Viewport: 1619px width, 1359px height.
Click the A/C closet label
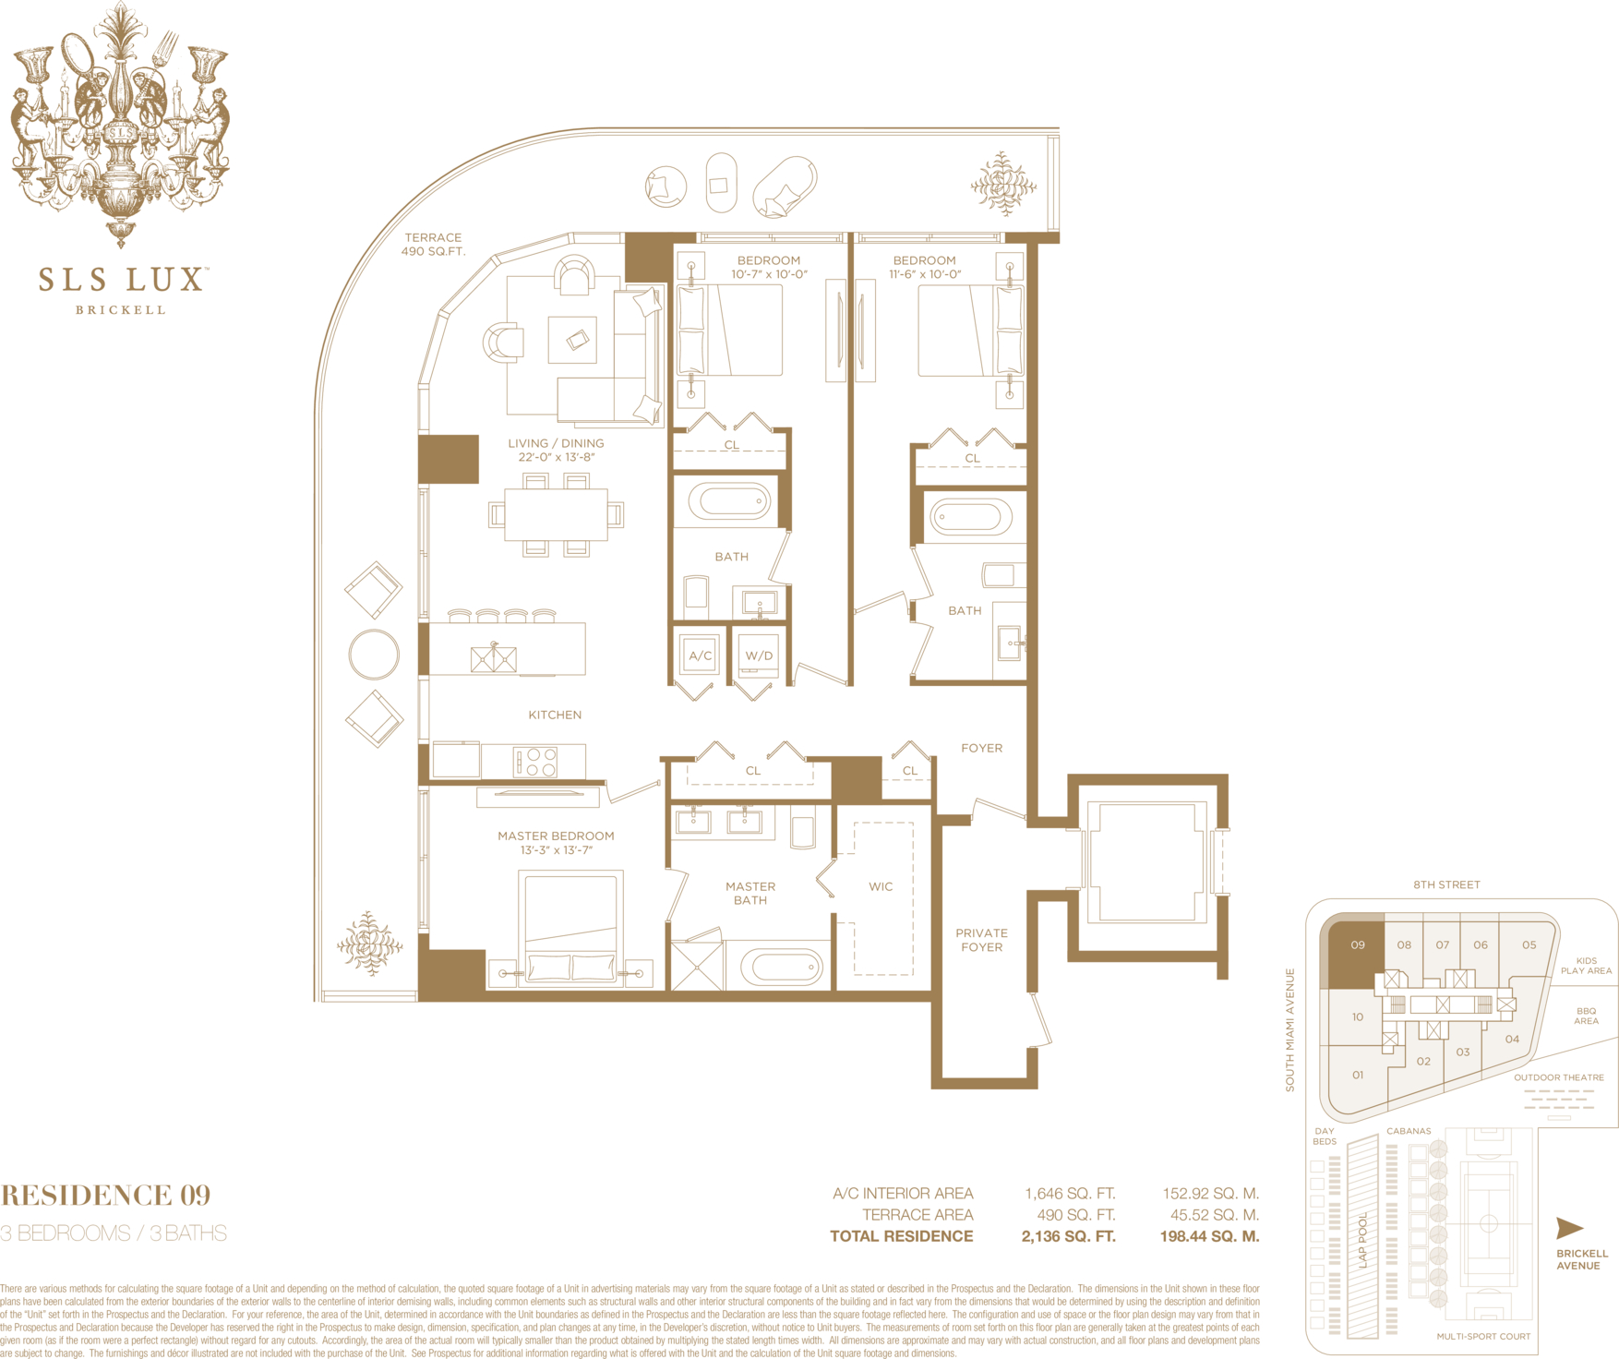click(701, 655)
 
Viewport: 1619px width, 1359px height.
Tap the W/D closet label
click(759, 655)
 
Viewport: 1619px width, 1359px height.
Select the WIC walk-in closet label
click(881, 886)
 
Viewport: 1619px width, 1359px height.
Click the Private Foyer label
click(981, 940)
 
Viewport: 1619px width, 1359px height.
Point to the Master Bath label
click(750, 893)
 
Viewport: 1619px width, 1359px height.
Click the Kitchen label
click(555, 715)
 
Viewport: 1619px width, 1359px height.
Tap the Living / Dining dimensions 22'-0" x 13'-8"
click(556, 457)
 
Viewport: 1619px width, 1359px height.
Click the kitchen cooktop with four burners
click(536, 762)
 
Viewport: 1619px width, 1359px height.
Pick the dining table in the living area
click(556, 514)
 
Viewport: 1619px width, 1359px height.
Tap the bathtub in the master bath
click(786, 967)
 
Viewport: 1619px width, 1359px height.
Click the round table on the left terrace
click(374, 655)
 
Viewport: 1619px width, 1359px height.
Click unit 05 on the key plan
click(1529, 944)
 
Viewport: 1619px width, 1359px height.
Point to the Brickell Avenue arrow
click(1569, 1228)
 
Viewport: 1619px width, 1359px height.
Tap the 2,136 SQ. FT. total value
click(1068, 1236)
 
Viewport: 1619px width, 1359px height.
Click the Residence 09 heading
click(105, 1196)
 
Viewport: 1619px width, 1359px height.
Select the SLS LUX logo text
click(121, 280)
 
